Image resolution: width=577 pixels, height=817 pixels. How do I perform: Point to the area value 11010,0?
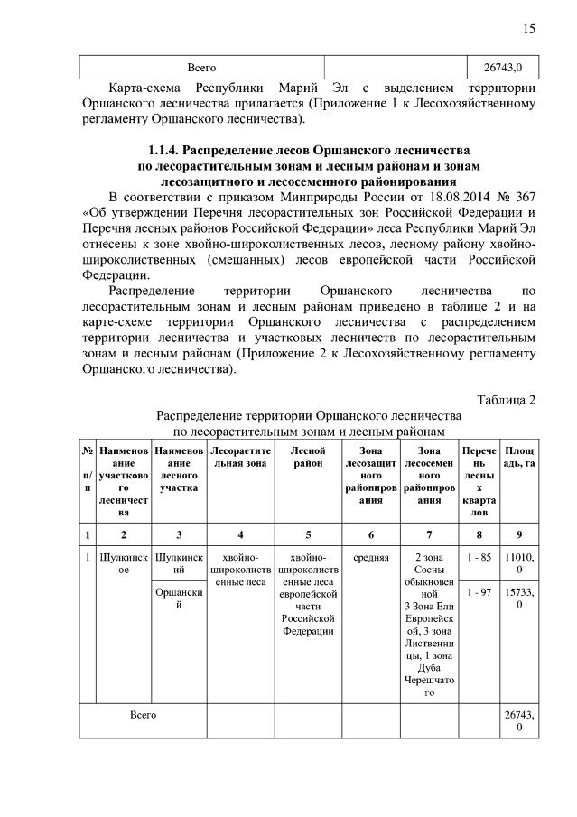518,564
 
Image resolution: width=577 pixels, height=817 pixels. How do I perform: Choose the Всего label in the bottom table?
143,714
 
